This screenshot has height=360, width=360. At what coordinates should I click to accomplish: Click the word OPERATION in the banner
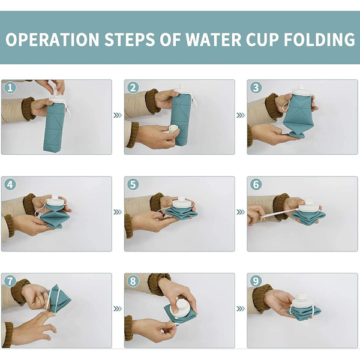tap(52, 40)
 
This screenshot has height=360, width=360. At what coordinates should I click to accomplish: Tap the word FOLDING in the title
tap(320, 40)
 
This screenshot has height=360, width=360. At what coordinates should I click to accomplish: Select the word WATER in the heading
tap(214, 40)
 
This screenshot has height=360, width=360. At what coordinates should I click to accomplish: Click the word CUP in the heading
tap(263, 40)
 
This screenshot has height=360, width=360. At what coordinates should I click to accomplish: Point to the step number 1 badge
tap(10, 88)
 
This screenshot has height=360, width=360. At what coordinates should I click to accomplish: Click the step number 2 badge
tap(133, 88)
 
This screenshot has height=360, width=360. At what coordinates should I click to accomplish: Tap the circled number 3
tap(256, 88)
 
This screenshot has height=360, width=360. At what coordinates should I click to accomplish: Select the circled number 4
tap(10, 185)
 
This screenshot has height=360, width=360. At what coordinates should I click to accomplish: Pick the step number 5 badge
tap(133, 185)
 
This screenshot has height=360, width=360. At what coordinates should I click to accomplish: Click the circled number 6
tap(256, 185)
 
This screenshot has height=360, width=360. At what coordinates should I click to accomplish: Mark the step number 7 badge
tap(10, 281)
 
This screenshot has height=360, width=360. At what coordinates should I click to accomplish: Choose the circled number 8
tap(133, 281)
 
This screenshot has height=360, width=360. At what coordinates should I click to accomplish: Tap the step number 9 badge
tap(256, 281)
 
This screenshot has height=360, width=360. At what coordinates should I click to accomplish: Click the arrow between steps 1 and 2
tap(118, 115)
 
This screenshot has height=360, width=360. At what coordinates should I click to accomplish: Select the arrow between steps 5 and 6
tap(241, 212)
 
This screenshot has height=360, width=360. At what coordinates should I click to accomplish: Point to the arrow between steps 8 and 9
tap(241, 309)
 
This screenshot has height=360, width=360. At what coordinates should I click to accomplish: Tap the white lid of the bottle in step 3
tap(301, 91)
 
